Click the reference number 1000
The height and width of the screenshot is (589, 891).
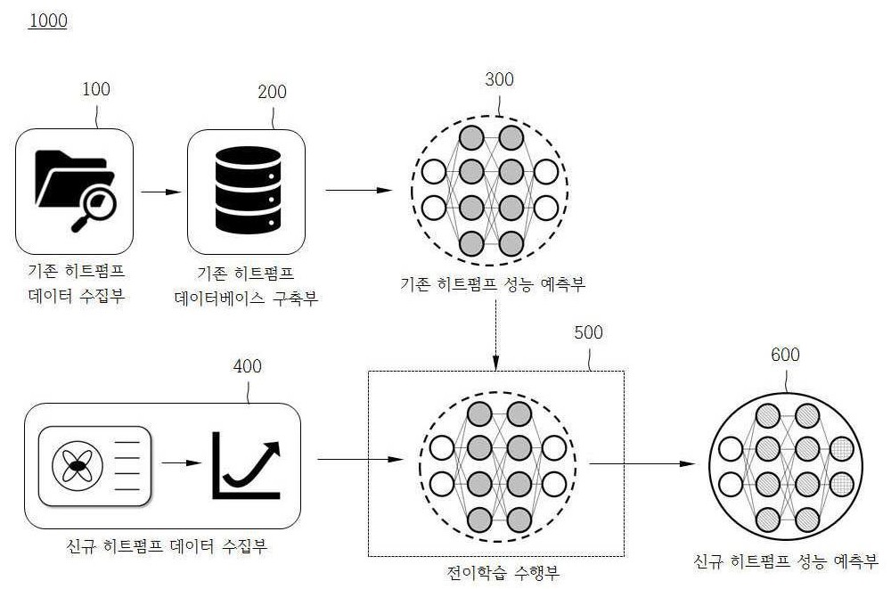tap(48, 21)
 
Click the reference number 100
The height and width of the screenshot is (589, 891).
tap(96, 89)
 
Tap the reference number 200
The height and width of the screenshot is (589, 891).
tap(272, 92)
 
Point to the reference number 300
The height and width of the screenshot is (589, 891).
tap(500, 79)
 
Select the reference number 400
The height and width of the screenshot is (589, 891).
tap(247, 366)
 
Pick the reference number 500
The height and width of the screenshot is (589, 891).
tap(588, 332)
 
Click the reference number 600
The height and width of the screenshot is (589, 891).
tap(785, 355)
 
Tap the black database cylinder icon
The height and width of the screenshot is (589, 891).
tap(248, 190)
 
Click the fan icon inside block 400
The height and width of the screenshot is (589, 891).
tap(78, 466)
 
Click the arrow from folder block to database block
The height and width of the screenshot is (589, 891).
tap(160, 192)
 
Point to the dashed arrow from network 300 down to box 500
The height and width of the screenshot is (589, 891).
tap(495, 335)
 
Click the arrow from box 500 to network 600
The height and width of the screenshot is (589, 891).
tap(642, 464)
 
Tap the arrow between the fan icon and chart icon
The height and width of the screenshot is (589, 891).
tap(181, 462)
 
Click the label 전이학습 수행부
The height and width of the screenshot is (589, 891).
tap(503, 572)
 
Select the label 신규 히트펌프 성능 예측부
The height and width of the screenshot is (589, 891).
tap(786, 561)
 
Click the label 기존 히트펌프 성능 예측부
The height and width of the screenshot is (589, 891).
tap(493, 283)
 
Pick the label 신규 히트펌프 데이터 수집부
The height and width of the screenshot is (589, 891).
tap(167, 547)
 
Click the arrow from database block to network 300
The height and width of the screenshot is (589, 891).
tap(359, 191)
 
